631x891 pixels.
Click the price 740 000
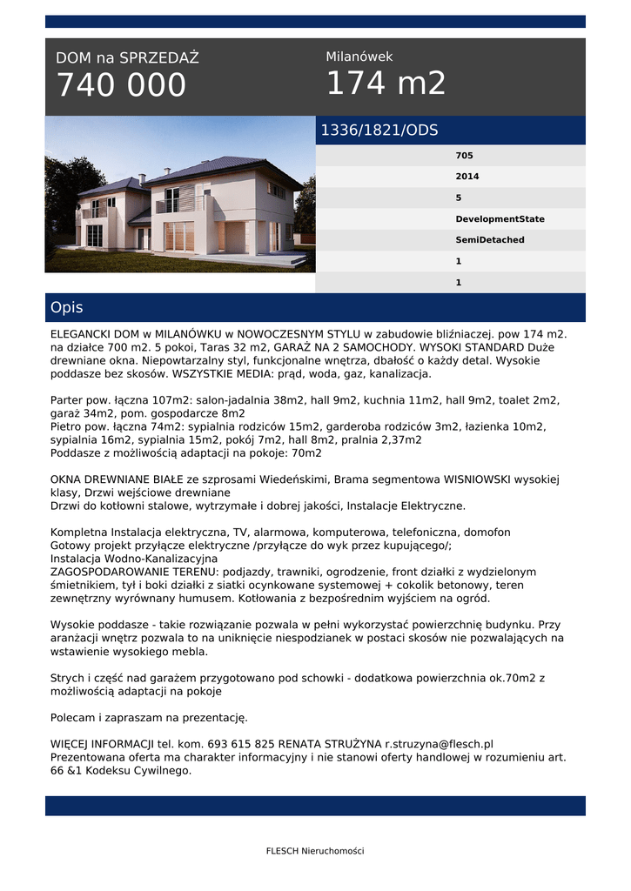pos(121,85)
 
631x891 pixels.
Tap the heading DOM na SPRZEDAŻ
pos(127,58)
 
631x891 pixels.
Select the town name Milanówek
pos(359,57)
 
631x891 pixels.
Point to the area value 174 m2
pos(386,84)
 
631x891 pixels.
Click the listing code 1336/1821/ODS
pos(379,131)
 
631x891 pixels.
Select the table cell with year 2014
pos(467,177)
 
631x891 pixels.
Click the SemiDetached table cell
pos(490,240)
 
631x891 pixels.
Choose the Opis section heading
pos(67,308)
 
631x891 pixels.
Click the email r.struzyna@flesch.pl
pos(440,744)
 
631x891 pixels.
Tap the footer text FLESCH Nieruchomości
pos(315,851)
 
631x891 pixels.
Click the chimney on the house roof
pos(142,178)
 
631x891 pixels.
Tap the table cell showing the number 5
pos(459,198)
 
